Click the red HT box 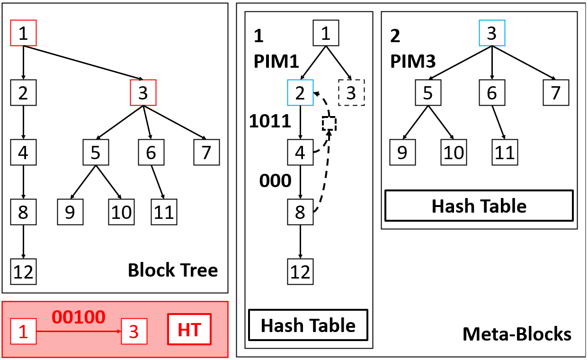point(189,331)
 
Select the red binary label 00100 point(79,317)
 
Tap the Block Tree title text point(173,270)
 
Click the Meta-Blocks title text point(517,334)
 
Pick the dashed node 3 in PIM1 point(351,92)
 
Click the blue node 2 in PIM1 point(300,92)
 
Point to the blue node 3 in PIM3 point(492,33)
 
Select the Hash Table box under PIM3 point(479,206)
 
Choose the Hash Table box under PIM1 point(308,325)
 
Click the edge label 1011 point(270,121)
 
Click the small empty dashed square point(329,124)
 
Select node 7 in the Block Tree point(207,153)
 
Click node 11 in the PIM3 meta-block point(504,153)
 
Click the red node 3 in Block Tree point(143,93)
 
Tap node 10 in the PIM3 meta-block point(453,153)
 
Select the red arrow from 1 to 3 point(79,331)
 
